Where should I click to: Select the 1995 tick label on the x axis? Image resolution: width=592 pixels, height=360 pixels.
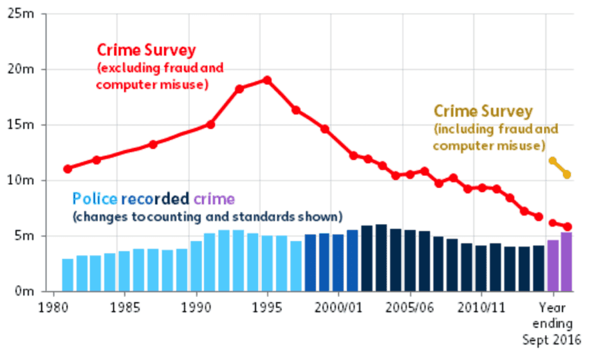266,307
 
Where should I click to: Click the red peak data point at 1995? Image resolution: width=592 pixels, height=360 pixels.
267,81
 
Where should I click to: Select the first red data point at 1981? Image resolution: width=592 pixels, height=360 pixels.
68,169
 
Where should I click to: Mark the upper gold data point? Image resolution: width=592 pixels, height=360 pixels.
552,160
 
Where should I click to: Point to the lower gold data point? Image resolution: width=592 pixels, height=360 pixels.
567,175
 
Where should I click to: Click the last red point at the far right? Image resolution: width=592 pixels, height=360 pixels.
567,227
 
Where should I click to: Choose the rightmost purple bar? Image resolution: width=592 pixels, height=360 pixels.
567,261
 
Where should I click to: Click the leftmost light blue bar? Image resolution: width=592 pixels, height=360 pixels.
68,275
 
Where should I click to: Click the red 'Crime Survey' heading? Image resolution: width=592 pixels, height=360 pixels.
146,50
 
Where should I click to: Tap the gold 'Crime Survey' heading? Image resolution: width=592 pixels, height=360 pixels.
483,111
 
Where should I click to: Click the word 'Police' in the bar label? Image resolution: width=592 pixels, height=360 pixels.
95,198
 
